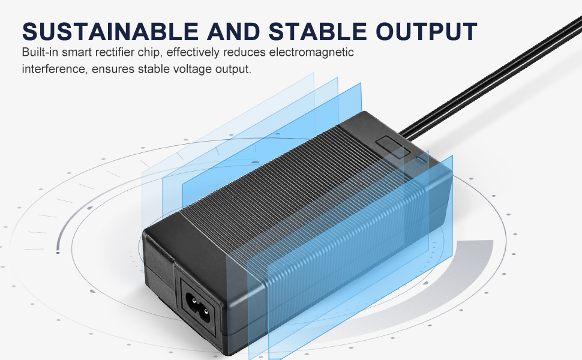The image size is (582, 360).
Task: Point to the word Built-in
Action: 40,53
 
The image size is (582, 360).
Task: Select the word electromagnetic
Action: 311,53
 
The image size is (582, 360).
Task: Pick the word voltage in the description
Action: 188,69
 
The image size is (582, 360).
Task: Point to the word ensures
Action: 113,69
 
